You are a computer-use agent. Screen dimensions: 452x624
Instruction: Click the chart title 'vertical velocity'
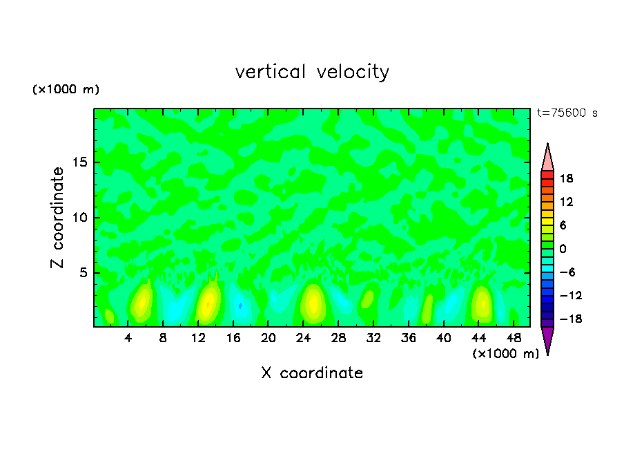[312, 72]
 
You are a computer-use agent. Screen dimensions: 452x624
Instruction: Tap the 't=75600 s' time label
[567, 113]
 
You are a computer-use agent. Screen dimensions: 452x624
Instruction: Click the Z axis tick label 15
[79, 163]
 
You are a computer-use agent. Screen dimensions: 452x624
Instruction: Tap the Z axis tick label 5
[84, 273]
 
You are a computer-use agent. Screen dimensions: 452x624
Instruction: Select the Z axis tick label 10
[79, 218]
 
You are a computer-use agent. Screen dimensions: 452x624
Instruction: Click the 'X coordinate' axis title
[312, 373]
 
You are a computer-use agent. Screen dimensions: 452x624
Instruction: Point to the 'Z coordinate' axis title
[58, 218]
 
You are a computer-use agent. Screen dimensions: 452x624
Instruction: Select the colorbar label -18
[567, 319]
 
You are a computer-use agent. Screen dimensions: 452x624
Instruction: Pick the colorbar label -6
[567, 272]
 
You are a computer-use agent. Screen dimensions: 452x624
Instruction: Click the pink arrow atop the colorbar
[547, 158]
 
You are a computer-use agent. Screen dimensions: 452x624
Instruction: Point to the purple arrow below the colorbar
[547, 339]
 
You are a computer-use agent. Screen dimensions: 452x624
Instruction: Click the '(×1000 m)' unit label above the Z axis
[66, 90]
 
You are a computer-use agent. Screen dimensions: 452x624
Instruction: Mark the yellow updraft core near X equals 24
[313, 302]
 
